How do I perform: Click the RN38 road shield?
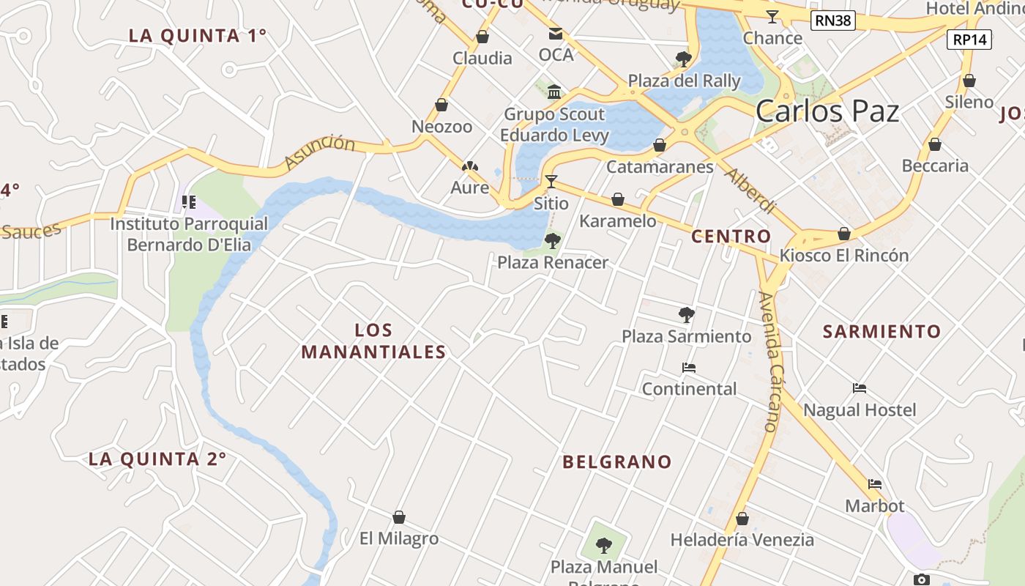click(x=833, y=21)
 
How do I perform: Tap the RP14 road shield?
click(x=969, y=40)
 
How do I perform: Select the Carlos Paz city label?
click(x=827, y=111)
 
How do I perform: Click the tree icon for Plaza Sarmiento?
click(x=686, y=315)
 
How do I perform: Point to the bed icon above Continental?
click(x=688, y=368)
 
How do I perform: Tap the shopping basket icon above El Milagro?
click(x=399, y=518)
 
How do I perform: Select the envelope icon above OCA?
click(x=556, y=34)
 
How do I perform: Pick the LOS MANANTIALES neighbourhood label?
click(x=373, y=341)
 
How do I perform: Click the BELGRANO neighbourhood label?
click(x=616, y=461)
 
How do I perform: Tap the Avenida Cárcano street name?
click(x=772, y=360)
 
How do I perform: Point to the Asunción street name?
click(x=319, y=151)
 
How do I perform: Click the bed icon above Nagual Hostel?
click(x=860, y=388)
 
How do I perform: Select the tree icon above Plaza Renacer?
click(x=553, y=240)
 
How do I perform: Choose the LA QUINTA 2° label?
click(x=157, y=459)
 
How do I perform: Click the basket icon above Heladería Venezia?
click(x=742, y=519)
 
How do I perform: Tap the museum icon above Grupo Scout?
click(x=554, y=92)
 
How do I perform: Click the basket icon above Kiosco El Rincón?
click(x=844, y=234)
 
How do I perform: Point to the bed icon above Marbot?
click(x=874, y=484)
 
